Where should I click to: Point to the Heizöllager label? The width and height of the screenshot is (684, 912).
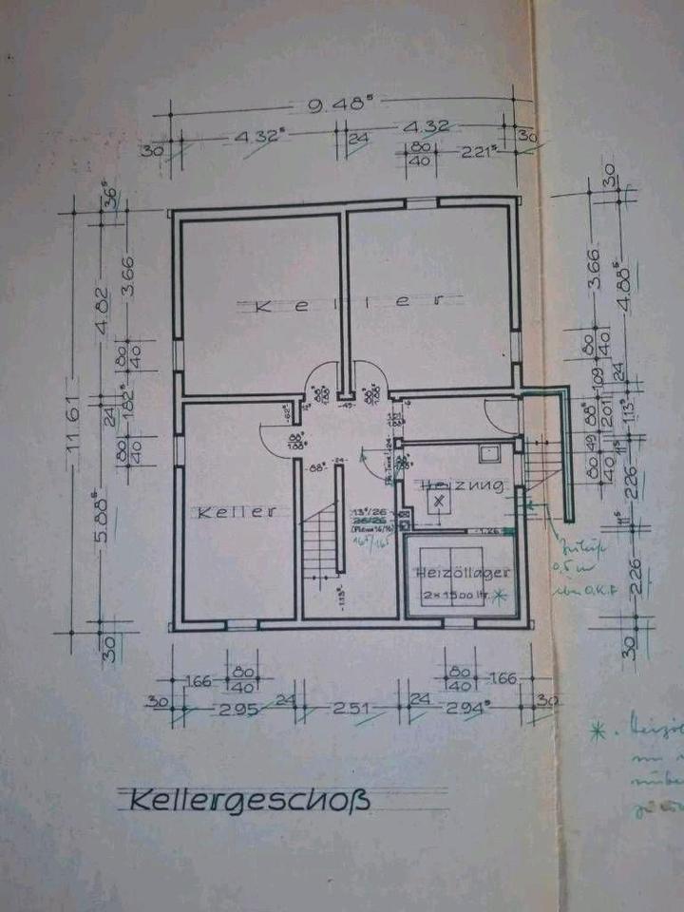click(x=463, y=572)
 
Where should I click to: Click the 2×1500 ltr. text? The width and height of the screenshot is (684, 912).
click(x=456, y=596)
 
